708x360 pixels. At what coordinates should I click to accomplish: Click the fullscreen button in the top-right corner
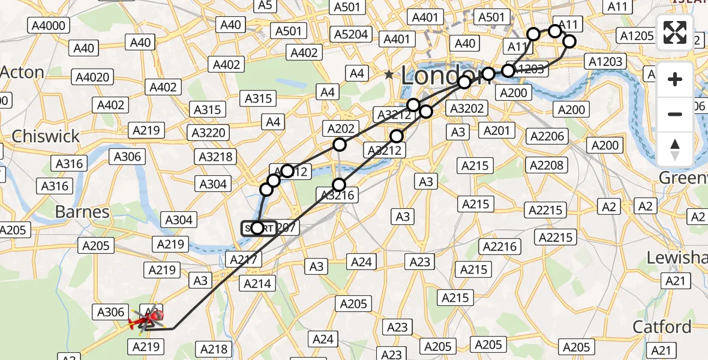tap(675, 32)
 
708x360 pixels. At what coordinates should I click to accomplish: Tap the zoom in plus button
tap(675, 79)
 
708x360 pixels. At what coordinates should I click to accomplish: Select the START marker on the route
tap(258, 228)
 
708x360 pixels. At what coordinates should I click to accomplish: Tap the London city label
tap(443, 75)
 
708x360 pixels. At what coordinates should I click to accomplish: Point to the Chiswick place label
tap(46, 136)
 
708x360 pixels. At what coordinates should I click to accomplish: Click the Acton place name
tap(22, 73)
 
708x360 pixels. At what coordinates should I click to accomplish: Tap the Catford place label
tap(662, 327)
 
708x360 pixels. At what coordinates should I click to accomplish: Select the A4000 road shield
tap(49, 25)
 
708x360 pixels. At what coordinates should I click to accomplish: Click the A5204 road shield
tap(352, 34)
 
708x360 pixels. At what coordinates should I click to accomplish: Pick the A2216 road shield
tap(499, 247)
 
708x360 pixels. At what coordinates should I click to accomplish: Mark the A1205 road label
tap(637, 35)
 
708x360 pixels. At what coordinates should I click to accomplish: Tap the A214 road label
tap(259, 283)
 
